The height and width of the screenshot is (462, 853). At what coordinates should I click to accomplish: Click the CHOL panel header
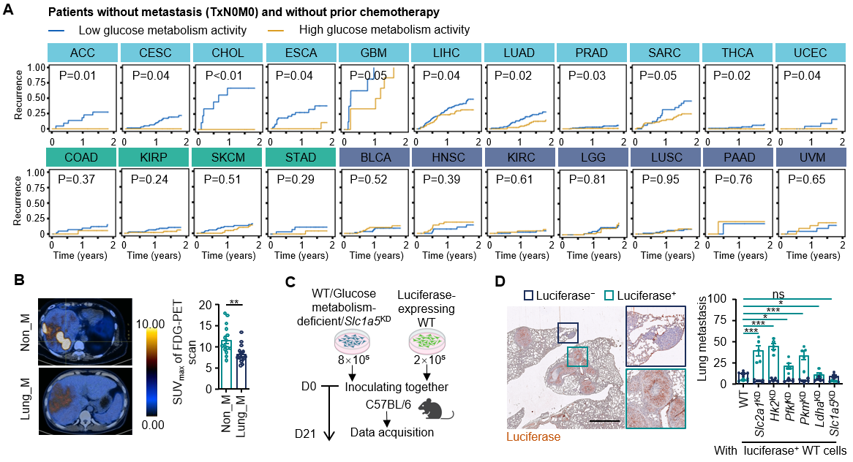pos(228,53)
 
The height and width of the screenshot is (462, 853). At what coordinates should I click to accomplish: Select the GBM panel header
pos(373,53)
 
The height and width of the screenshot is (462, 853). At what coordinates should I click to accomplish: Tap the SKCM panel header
pos(228,157)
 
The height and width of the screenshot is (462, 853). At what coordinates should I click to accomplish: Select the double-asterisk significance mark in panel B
pos(236,302)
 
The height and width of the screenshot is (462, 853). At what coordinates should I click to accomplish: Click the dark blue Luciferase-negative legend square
pos(528,295)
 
